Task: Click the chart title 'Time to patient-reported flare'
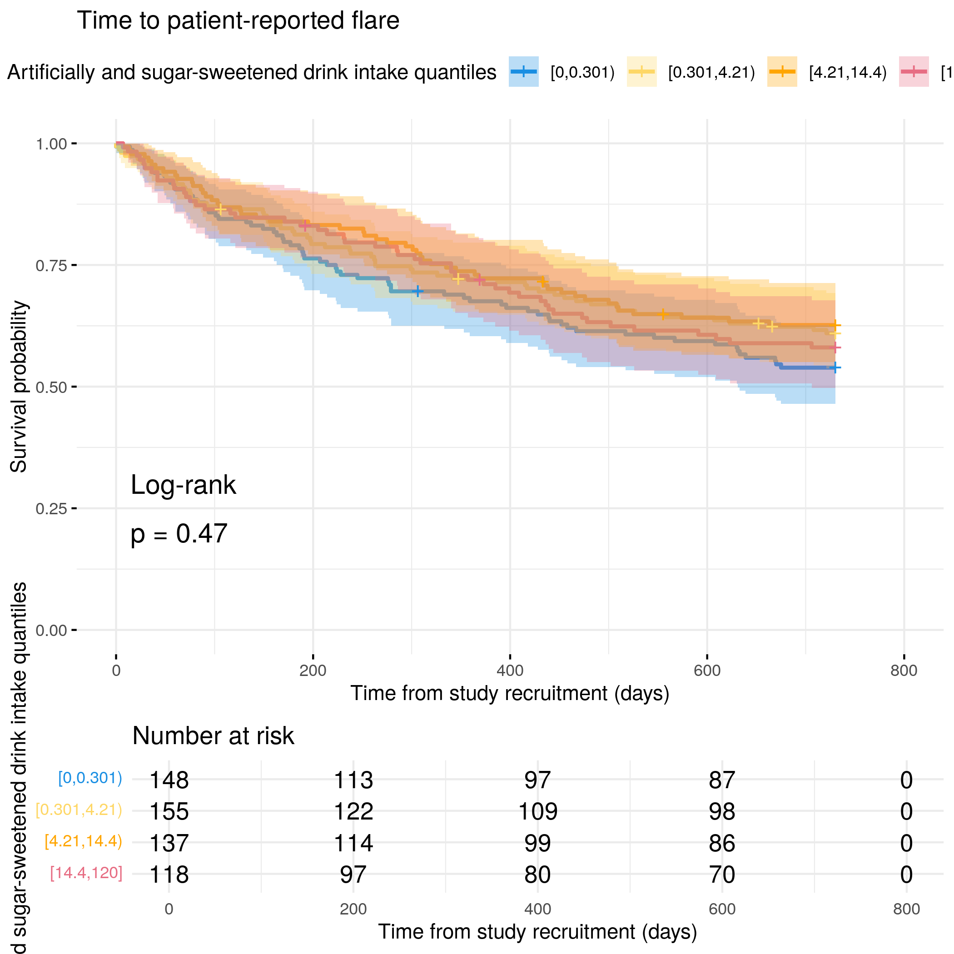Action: [x=238, y=21]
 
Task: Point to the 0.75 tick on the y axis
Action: [x=51, y=266]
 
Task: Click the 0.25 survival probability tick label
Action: [x=51, y=509]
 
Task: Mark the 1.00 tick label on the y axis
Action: [x=51, y=144]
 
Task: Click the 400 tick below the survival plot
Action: [x=510, y=671]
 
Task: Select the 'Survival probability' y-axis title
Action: [x=19, y=387]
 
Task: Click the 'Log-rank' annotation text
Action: [x=183, y=485]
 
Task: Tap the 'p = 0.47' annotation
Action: [x=179, y=534]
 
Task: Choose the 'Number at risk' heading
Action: [x=213, y=736]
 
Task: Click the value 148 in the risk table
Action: [x=169, y=780]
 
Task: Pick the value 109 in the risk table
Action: [x=538, y=811]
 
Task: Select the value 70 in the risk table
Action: [x=722, y=874]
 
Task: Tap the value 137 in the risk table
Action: [x=169, y=843]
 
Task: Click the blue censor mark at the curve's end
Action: [x=835, y=368]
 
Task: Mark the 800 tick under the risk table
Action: [x=906, y=909]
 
